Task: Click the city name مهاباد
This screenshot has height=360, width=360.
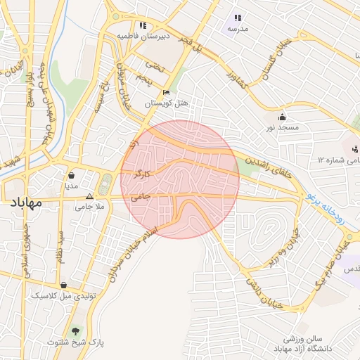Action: pyautogui.click(x=27, y=203)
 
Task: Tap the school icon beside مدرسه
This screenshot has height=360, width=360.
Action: pyautogui.click(x=237, y=18)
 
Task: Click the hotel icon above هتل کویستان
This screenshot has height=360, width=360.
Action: pyautogui.click(x=166, y=92)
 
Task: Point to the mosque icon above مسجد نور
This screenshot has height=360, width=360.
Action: pyautogui.click(x=283, y=117)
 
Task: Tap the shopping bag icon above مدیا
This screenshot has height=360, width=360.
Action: pyautogui.click(x=72, y=176)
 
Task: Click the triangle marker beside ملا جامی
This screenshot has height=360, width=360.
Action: pyautogui.click(x=89, y=197)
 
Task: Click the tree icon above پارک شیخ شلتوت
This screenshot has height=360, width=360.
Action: pyautogui.click(x=75, y=330)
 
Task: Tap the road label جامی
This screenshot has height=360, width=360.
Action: pyautogui.click(x=141, y=199)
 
